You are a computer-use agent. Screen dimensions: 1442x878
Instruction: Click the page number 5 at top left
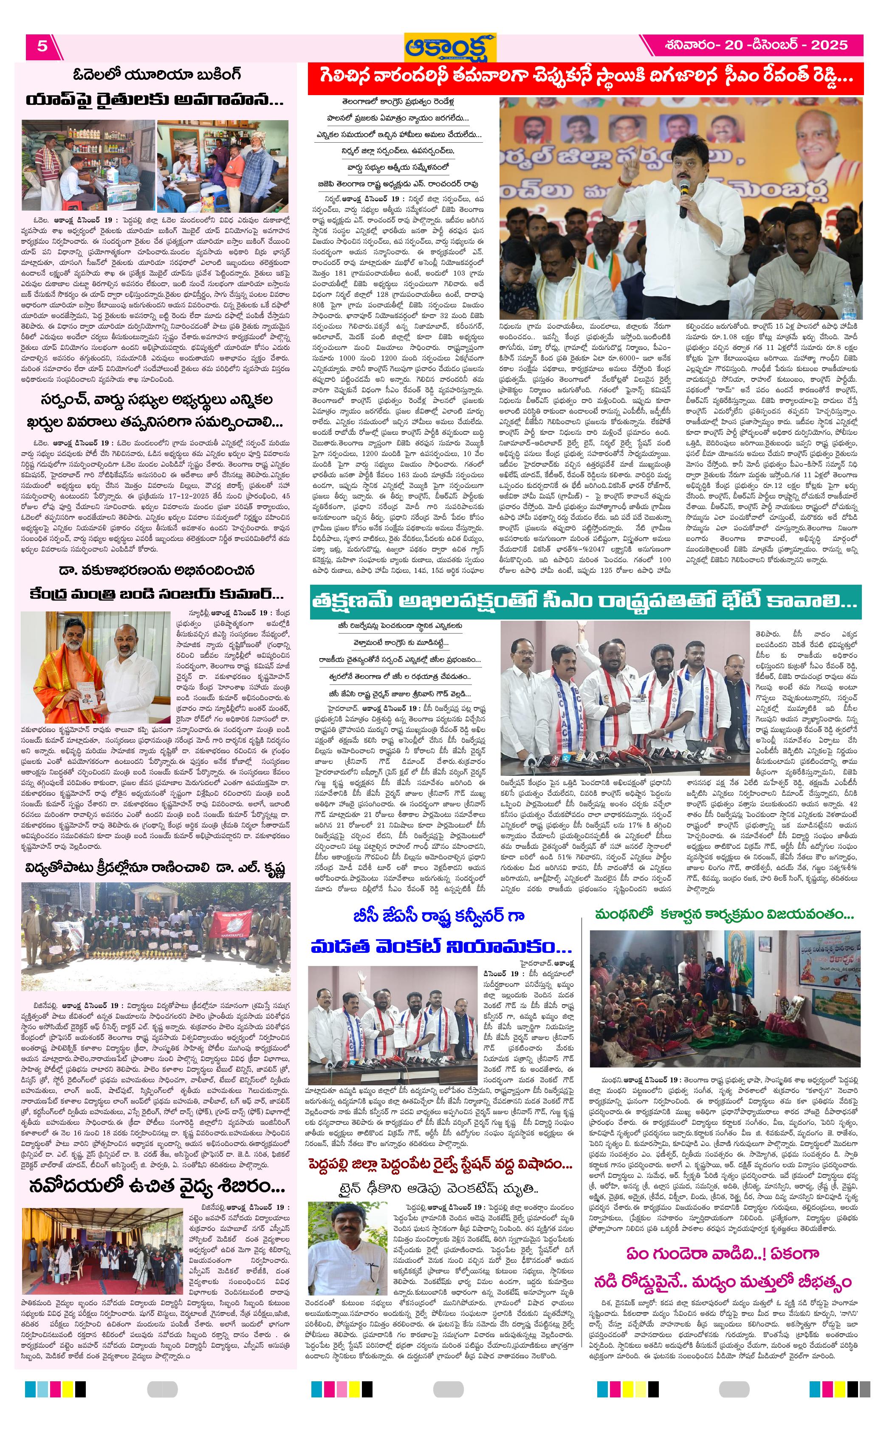(x=42, y=46)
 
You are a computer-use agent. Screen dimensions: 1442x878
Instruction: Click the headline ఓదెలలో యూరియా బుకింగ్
(x=157, y=75)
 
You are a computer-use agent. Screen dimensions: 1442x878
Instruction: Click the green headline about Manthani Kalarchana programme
(x=724, y=913)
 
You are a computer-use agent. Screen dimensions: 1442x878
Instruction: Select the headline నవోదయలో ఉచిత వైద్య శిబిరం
(x=157, y=1170)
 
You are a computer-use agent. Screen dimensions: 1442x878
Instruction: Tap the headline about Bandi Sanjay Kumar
(x=157, y=594)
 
